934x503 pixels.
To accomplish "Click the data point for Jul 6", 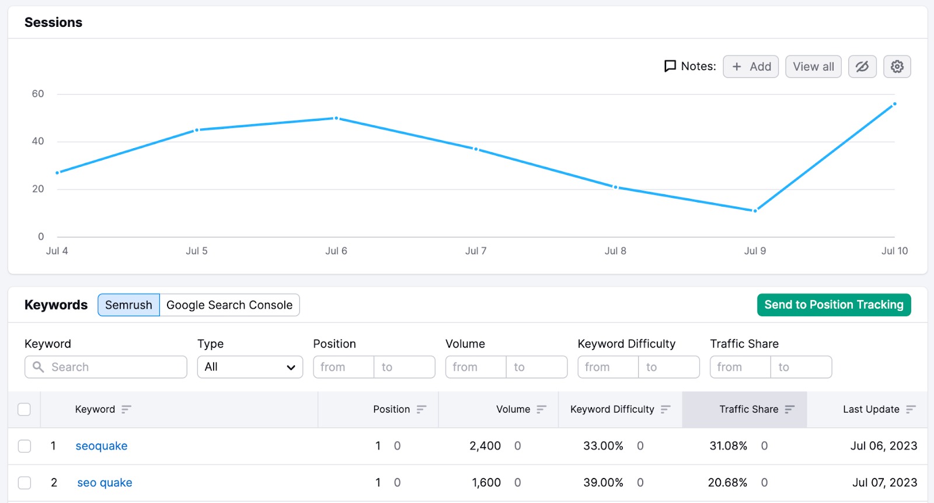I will click(336, 118).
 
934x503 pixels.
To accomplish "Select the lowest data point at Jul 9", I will click(755, 211).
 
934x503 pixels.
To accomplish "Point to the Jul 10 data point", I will click(894, 104).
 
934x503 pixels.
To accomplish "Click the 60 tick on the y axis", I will click(38, 94).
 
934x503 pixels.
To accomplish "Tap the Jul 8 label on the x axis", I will click(615, 251).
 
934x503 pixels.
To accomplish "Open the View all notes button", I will click(813, 67).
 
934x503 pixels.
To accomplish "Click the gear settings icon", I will click(897, 67).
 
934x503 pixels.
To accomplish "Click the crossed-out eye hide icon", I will click(862, 67).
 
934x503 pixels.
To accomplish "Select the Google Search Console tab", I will click(229, 305).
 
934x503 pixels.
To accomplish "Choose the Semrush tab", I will click(128, 305).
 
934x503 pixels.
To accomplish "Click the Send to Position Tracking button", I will click(834, 305).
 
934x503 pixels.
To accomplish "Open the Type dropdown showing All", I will click(250, 367).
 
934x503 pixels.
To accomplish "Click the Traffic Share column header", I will click(749, 410).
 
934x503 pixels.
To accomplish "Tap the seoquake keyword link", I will click(102, 446).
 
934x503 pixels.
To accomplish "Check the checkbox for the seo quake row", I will click(25, 483).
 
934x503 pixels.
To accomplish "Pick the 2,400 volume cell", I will click(485, 446).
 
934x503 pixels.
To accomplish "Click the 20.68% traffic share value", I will click(727, 483).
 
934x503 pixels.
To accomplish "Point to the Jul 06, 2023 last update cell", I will click(884, 446).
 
